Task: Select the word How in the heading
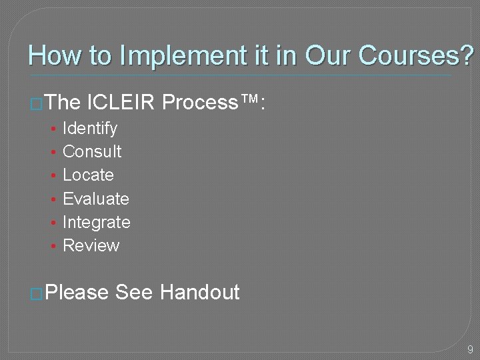tap(51, 55)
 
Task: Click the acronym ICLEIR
tap(121, 103)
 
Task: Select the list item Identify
tap(89, 128)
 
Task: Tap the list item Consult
tap(92, 151)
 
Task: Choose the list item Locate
tap(88, 175)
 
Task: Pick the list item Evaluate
tap(95, 199)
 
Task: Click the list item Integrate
tap(96, 222)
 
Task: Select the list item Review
tap(91, 245)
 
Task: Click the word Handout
tap(199, 292)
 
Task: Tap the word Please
tap(78, 292)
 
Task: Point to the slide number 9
tap(470, 349)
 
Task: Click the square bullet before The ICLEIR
tap(37, 104)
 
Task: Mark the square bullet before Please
tap(37, 293)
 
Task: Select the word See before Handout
tap(134, 292)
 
